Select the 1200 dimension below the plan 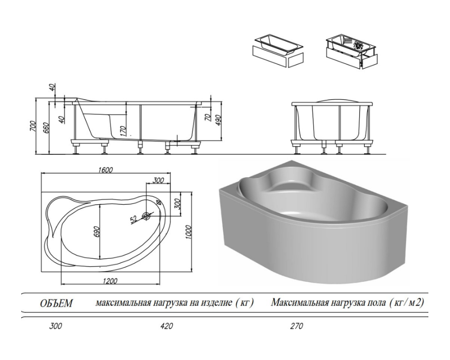point(109,281)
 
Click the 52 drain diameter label point(134,220)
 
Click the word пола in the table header point(371,302)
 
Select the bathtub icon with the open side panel point(351,50)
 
